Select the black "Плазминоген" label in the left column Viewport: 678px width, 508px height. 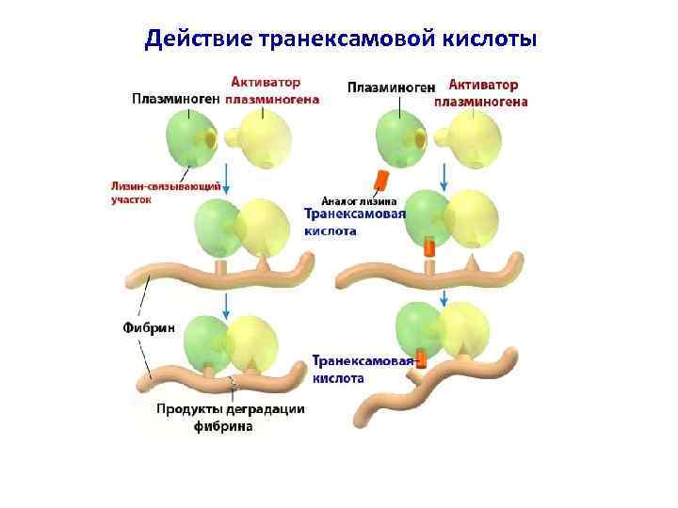(x=176, y=98)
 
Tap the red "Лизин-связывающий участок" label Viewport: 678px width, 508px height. (x=166, y=193)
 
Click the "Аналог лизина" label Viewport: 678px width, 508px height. (x=359, y=200)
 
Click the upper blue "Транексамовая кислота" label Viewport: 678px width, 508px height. (x=354, y=222)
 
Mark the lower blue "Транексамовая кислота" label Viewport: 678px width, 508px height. (x=361, y=369)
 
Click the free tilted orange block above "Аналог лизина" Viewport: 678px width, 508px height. (x=380, y=180)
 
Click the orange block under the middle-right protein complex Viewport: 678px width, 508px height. (x=429, y=248)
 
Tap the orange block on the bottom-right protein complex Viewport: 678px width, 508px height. (x=421, y=358)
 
